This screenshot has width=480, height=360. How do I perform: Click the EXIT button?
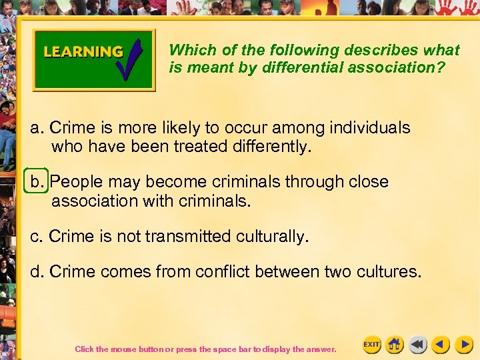tap(371, 344)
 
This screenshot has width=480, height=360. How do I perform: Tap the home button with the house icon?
tap(395, 344)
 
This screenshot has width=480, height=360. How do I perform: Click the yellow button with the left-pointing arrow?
tap(440, 344)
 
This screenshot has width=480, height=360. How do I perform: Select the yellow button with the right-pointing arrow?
tap(463, 344)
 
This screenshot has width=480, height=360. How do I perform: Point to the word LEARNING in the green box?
tap(83, 52)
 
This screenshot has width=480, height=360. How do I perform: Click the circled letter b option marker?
tap(36, 181)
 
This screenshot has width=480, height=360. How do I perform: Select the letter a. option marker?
tap(37, 127)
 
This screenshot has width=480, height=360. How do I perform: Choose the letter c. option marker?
tap(37, 236)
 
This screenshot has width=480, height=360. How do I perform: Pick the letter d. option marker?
tap(37, 272)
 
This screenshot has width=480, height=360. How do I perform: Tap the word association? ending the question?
tap(405, 67)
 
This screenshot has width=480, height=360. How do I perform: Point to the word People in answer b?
tap(73, 181)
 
